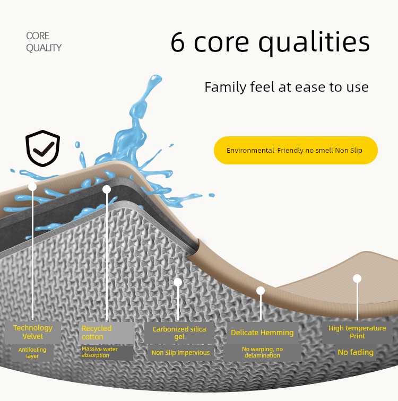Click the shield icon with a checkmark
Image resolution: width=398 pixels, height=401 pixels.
[x=42, y=148]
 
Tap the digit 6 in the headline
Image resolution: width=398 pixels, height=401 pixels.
[x=178, y=42]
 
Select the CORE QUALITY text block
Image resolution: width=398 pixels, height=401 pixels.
[x=44, y=42]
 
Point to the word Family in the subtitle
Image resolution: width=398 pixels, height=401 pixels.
[x=226, y=88]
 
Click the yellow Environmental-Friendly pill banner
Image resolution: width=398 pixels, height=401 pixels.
[x=296, y=150]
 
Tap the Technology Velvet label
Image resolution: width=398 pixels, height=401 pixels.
[x=33, y=332]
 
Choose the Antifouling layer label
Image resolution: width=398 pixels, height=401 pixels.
[x=32, y=353]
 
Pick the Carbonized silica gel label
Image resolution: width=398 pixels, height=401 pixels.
[x=179, y=333]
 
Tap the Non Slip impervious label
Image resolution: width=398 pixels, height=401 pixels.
[x=180, y=353]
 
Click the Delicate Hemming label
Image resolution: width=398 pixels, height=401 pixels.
[x=262, y=333]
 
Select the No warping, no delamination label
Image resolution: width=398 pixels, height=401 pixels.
[x=263, y=352]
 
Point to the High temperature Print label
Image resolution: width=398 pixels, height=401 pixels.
[x=357, y=332]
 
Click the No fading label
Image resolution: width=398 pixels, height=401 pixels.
[x=356, y=352]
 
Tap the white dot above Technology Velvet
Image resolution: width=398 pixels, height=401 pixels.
[x=32, y=186]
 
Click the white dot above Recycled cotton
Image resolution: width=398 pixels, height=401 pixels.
[x=107, y=189]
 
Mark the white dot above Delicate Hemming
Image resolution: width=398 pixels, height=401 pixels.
[x=261, y=291]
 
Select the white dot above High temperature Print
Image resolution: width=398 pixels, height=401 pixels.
[x=357, y=278]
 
